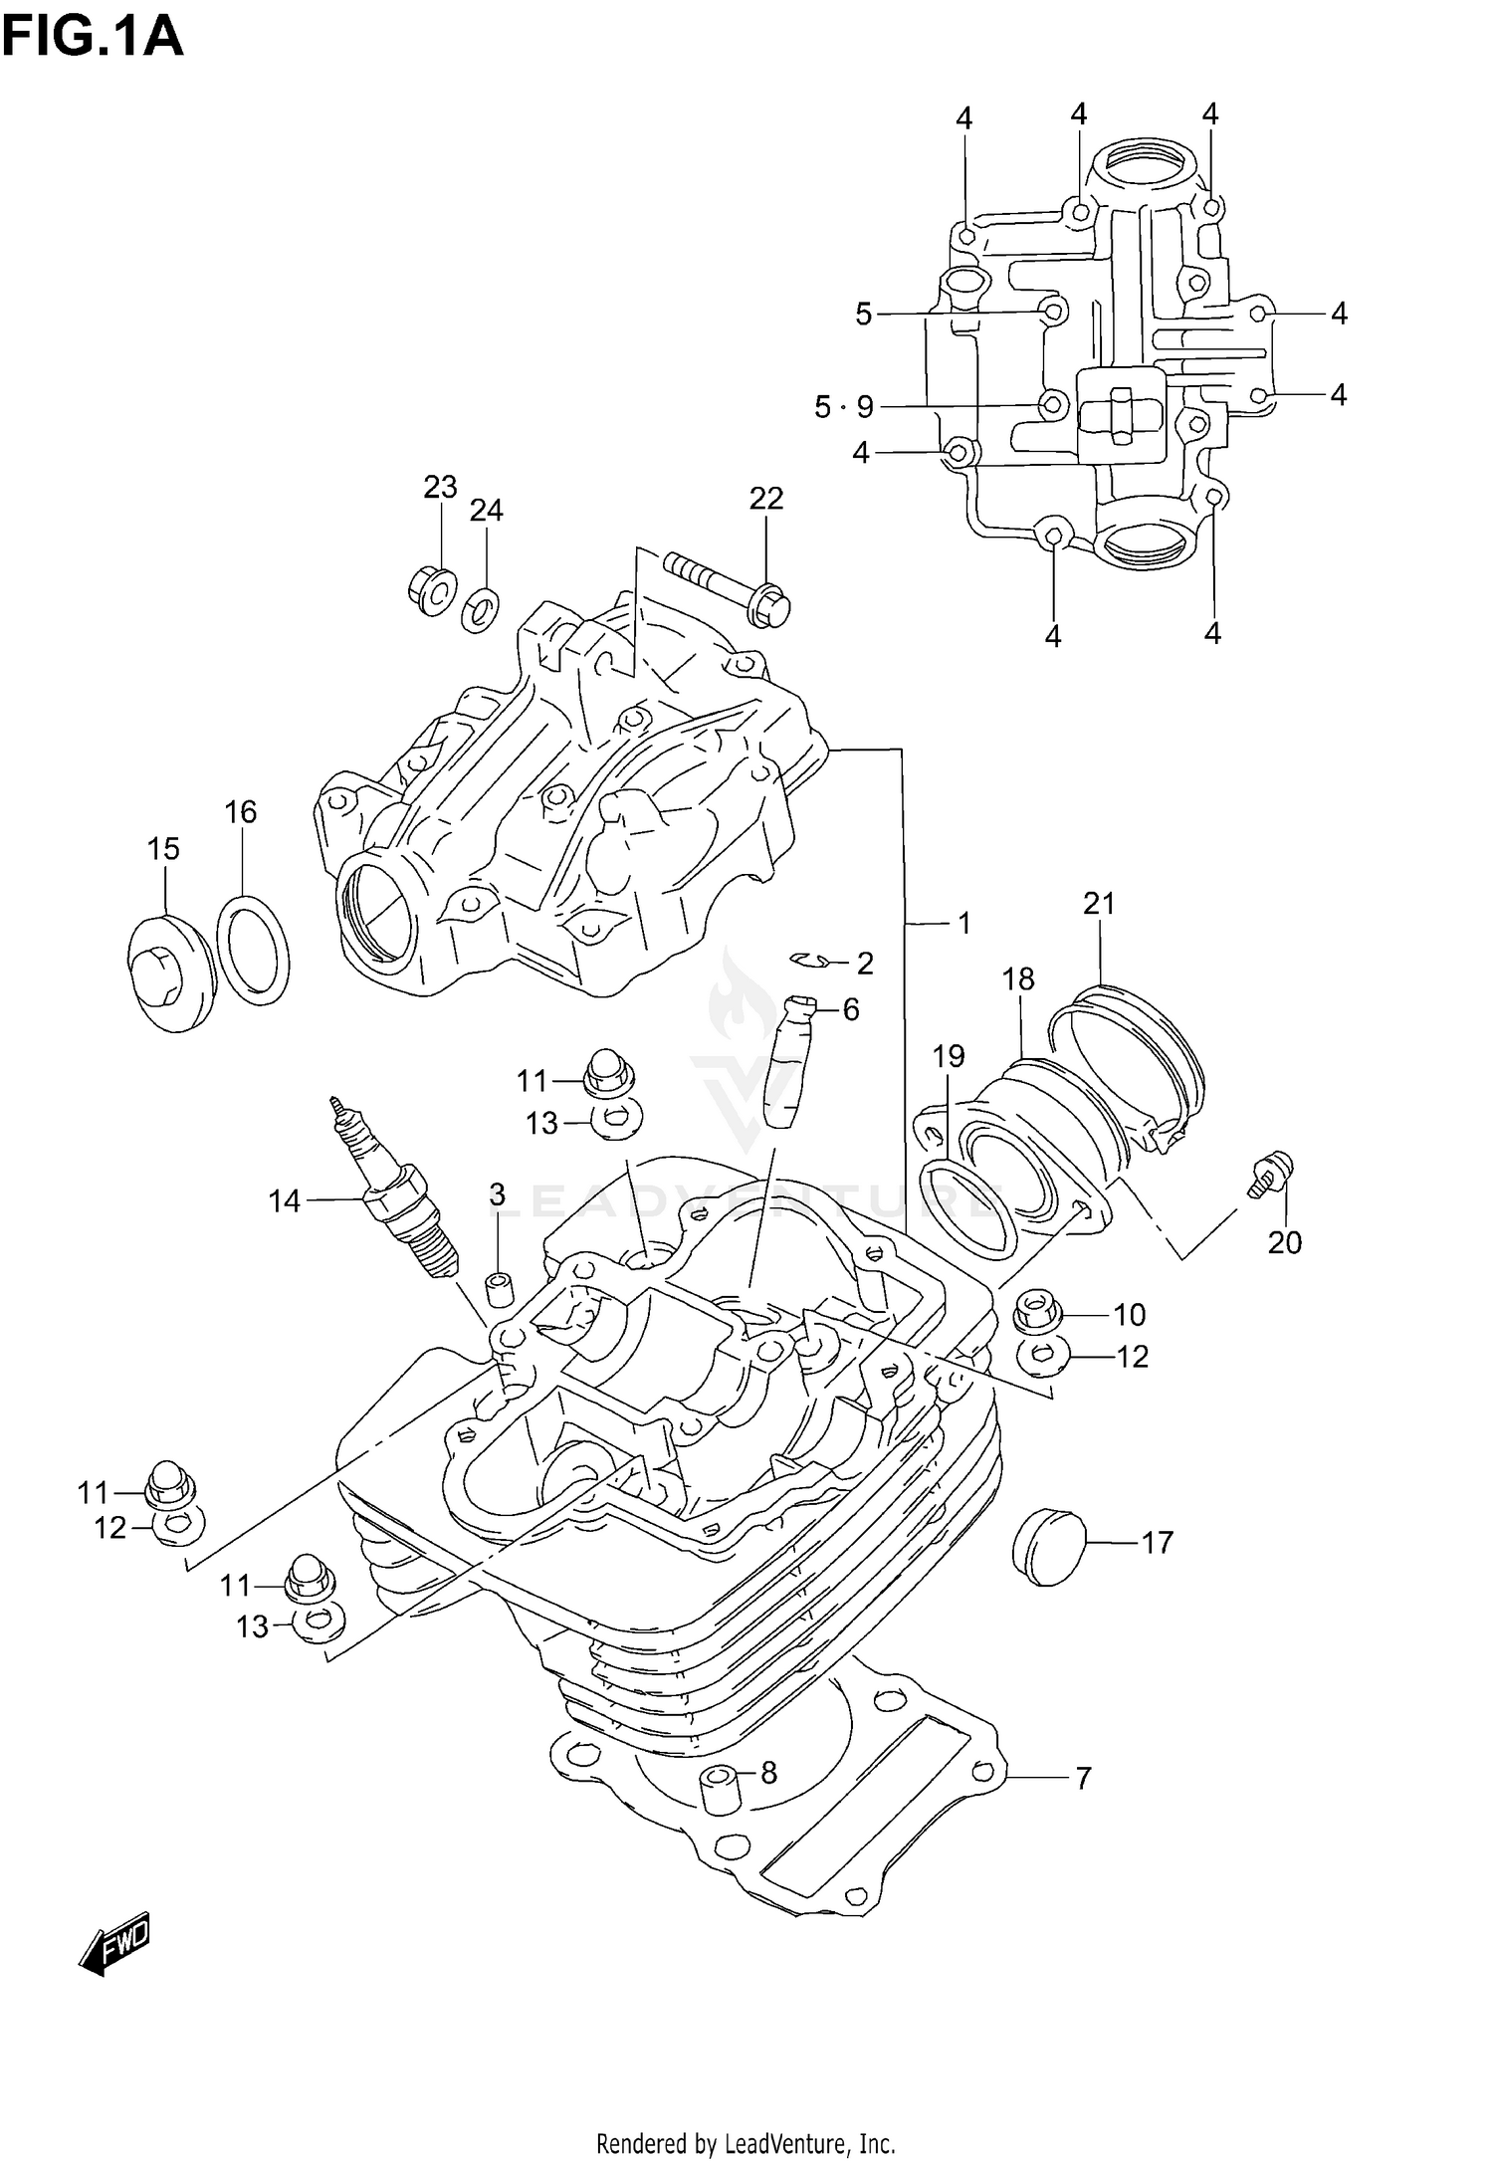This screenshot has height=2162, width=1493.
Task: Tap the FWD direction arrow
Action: tap(115, 1941)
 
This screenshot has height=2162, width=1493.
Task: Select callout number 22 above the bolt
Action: tap(766, 498)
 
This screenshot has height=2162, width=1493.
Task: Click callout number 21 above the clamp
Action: tap(1099, 904)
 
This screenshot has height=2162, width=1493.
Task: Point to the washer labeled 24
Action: tap(482, 609)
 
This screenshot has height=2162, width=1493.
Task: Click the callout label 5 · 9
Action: tap(844, 406)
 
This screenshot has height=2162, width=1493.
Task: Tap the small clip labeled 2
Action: tap(812, 960)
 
